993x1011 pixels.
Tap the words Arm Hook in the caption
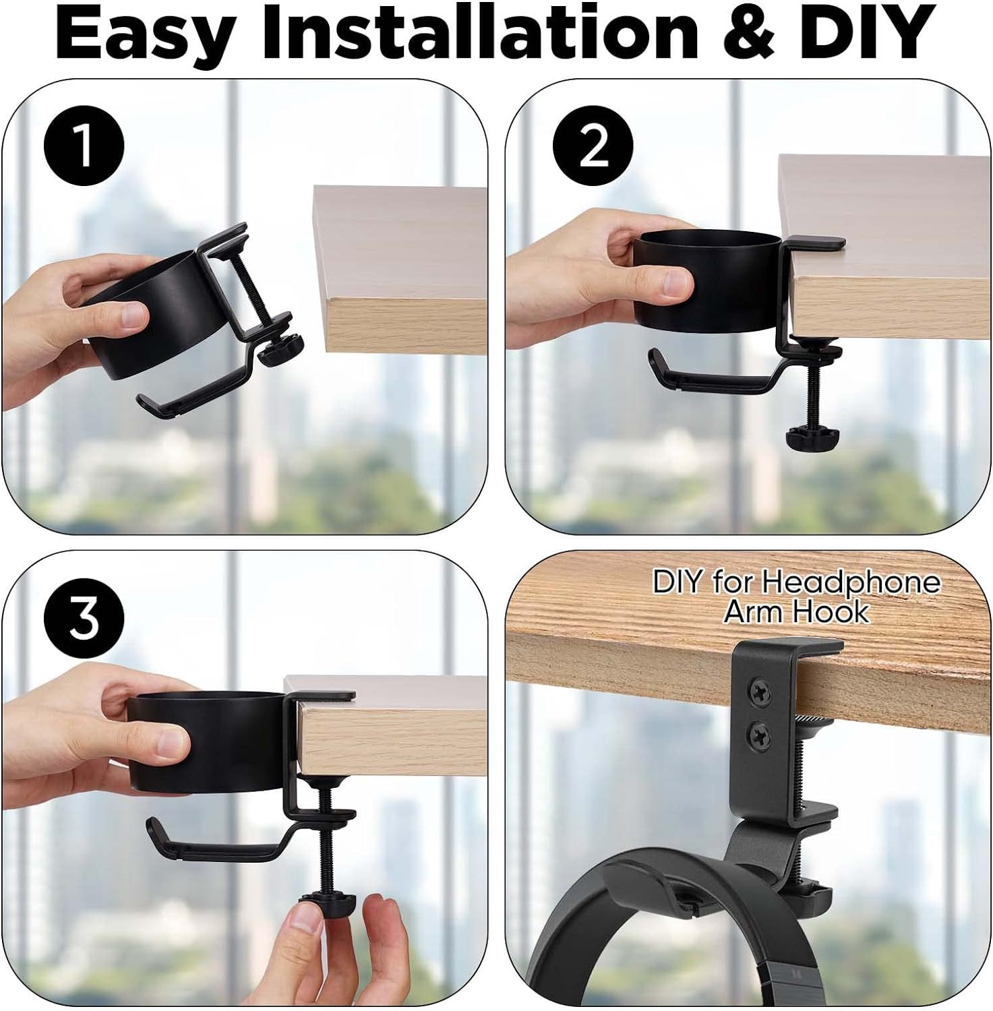click(x=797, y=612)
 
